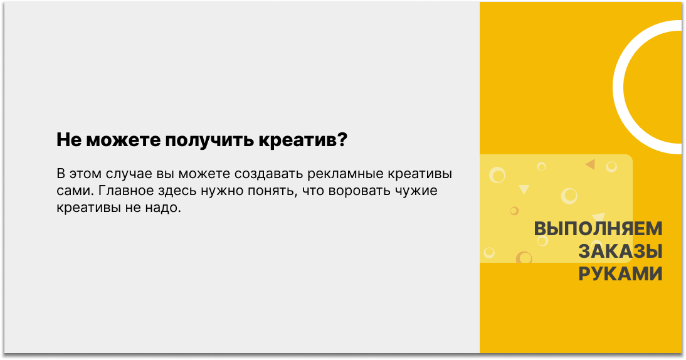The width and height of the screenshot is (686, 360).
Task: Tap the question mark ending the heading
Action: pyautogui.click(x=342, y=139)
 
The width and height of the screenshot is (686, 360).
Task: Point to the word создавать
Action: pyautogui.click(x=268, y=174)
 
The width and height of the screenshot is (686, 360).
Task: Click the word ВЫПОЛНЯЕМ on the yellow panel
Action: pyautogui.click(x=598, y=229)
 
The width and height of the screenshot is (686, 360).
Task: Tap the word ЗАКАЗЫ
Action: pyautogui.click(x=620, y=251)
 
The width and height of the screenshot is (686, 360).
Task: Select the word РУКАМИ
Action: pyautogui.click(x=620, y=274)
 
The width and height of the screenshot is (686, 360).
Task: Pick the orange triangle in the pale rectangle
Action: pyautogui.click(x=591, y=164)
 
